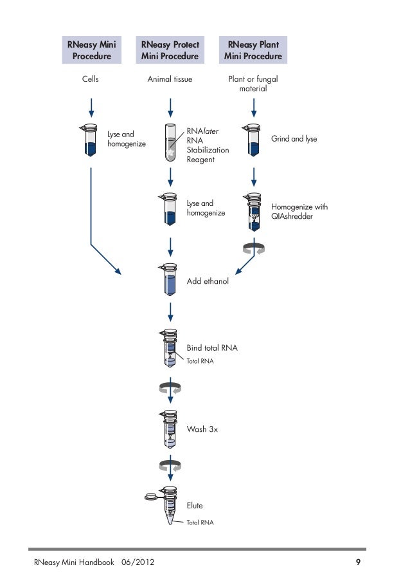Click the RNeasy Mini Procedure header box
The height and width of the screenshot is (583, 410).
[x=91, y=50]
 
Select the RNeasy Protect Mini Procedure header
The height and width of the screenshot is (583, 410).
[x=170, y=50]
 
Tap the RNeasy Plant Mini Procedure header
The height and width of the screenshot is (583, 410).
[x=253, y=50]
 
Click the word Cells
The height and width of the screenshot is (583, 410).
[x=91, y=80]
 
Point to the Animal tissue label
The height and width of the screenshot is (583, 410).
[x=170, y=80]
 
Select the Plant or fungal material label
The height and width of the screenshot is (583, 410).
[x=253, y=84]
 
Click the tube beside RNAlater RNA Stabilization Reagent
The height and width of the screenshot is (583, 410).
[x=170, y=142]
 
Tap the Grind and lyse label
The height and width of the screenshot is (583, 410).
[x=294, y=139]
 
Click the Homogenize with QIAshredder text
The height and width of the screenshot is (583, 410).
[x=299, y=212]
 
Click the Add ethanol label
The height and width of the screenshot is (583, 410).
[x=208, y=282]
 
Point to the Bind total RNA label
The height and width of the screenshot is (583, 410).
[x=212, y=348]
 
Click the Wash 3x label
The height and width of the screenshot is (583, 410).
[x=202, y=429]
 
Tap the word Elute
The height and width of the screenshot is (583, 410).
[x=195, y=506]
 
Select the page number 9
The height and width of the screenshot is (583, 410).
[x=359, y=563]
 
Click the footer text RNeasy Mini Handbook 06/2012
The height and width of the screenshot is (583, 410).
[x=94, y=563]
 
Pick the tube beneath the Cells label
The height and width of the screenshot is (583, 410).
[x=91, y=141]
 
